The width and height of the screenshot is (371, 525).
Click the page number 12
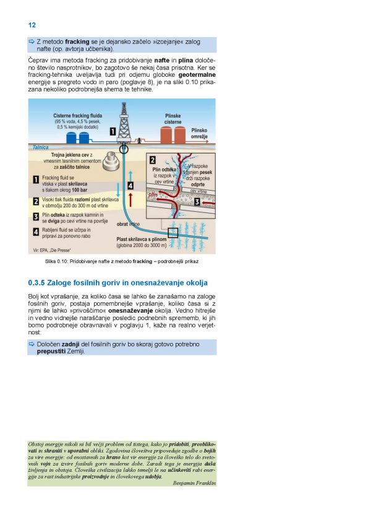32,25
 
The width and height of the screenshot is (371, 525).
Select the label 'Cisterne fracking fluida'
77,116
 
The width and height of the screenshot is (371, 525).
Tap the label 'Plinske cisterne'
173,119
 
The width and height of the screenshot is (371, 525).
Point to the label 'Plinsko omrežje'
199,134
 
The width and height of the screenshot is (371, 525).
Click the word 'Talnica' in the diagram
39,148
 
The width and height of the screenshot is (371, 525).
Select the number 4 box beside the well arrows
130,185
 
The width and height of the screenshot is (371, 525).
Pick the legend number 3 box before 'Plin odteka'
36,216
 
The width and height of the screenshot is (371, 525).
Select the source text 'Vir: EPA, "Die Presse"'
51,250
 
